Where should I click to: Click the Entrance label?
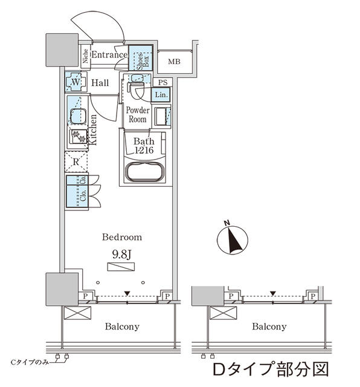109,55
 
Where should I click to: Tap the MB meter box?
174,62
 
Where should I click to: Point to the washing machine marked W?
76,82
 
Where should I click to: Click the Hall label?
101,82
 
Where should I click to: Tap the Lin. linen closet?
161,95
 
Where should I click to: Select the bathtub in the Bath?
144,171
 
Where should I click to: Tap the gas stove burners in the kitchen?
78,137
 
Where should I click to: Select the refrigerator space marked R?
76,161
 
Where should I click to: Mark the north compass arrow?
233,240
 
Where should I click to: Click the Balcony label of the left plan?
122,327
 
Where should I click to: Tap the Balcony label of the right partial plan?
269,327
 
